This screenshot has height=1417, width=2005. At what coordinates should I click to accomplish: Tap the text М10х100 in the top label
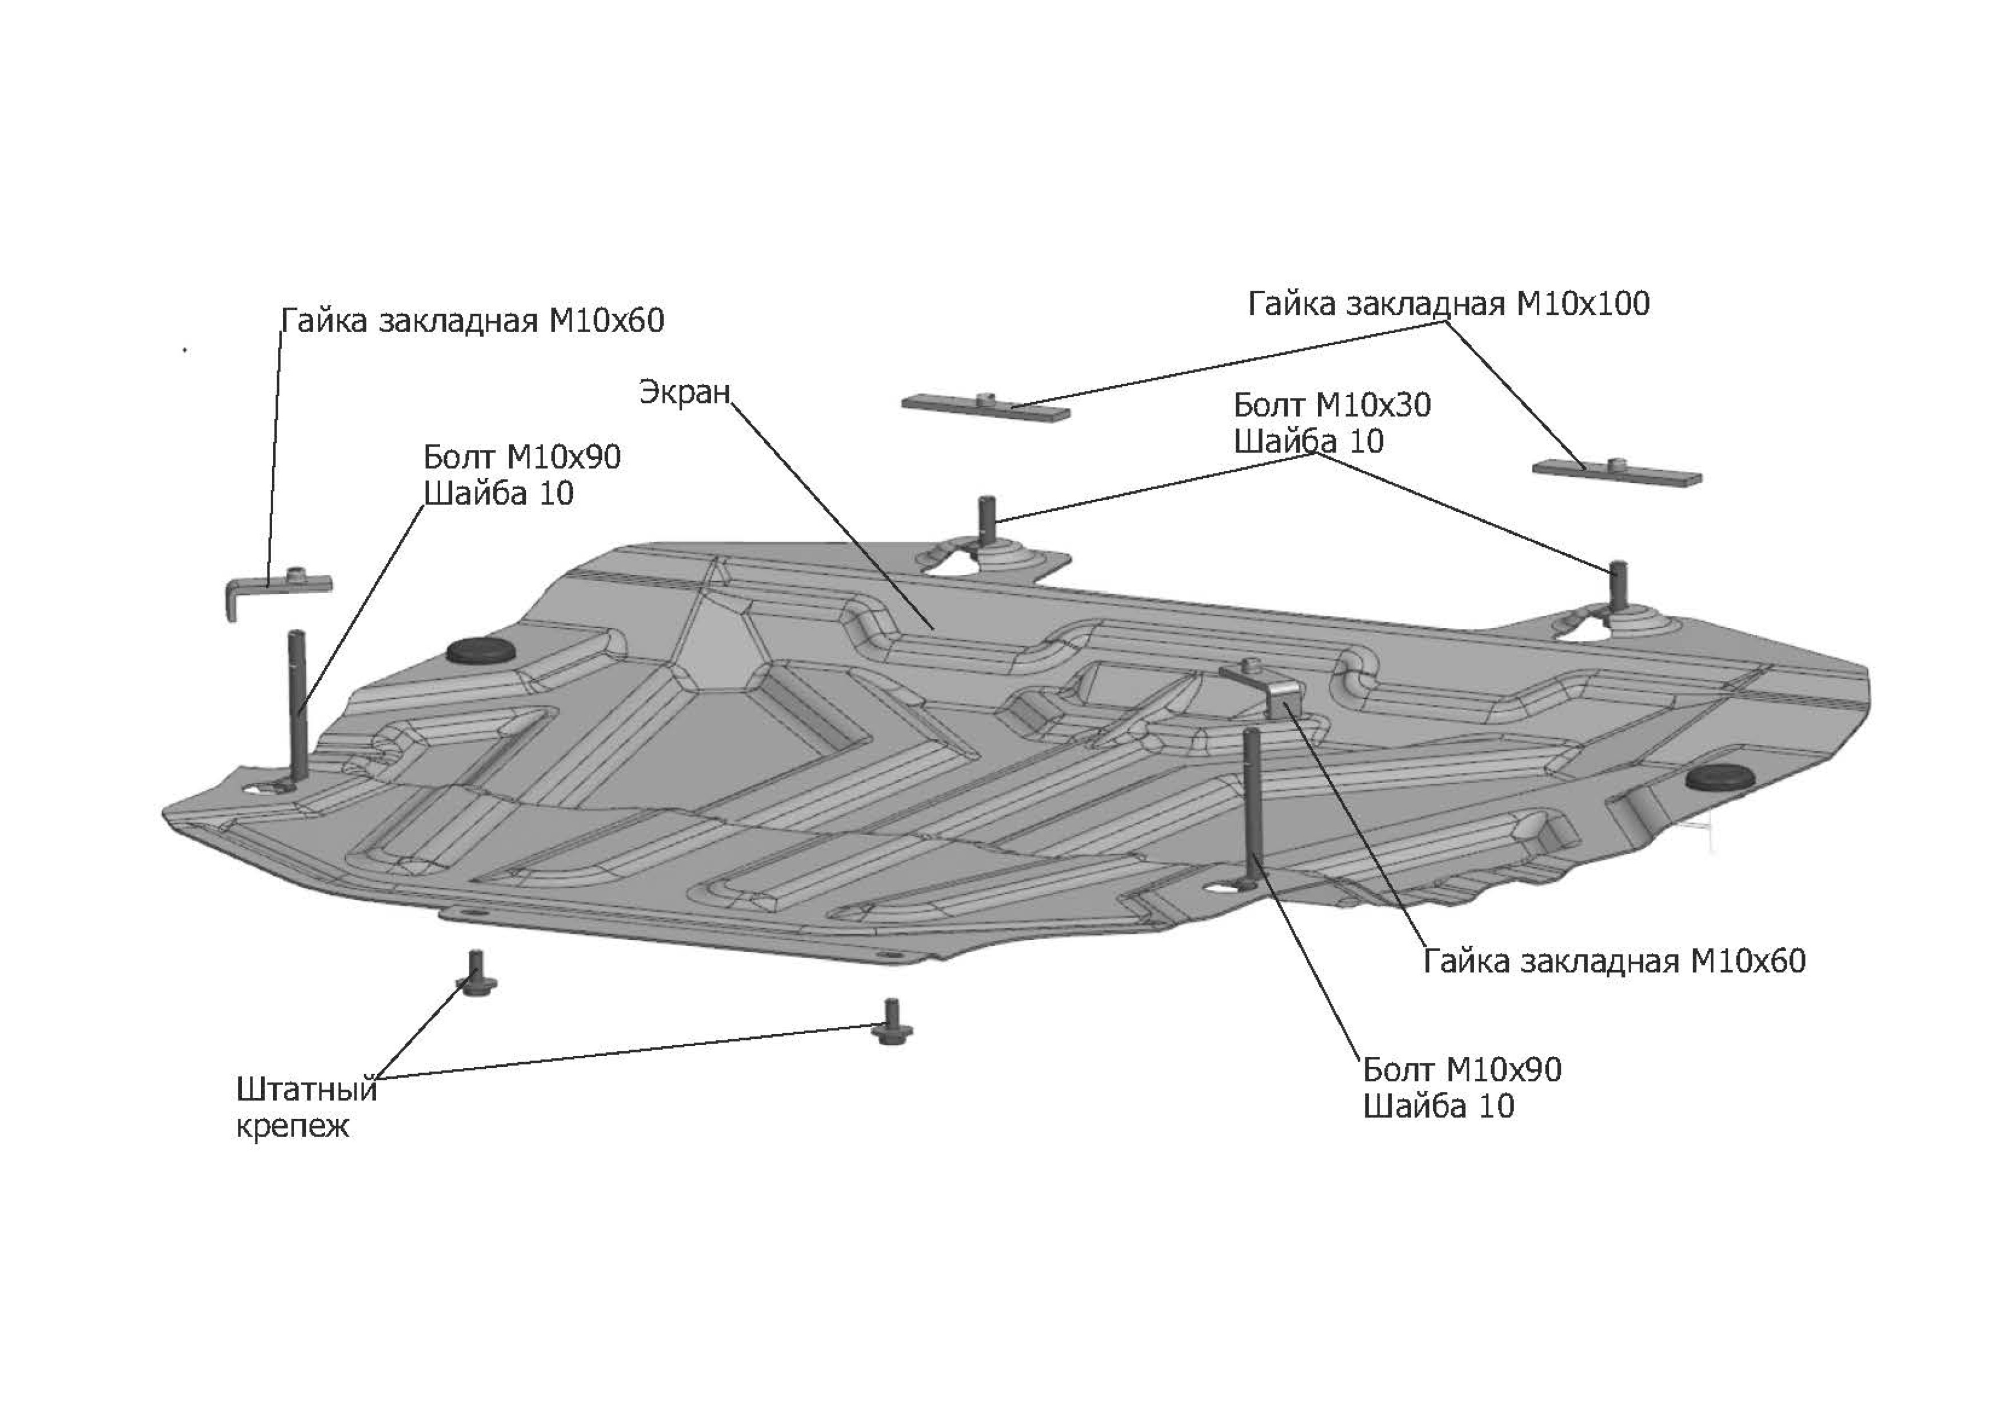(x=1583, y=304)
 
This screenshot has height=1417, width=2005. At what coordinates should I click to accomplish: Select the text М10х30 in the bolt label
(x=1373, y=405)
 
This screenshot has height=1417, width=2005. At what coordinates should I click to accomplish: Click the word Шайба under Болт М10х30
(x=1284, y=442)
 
